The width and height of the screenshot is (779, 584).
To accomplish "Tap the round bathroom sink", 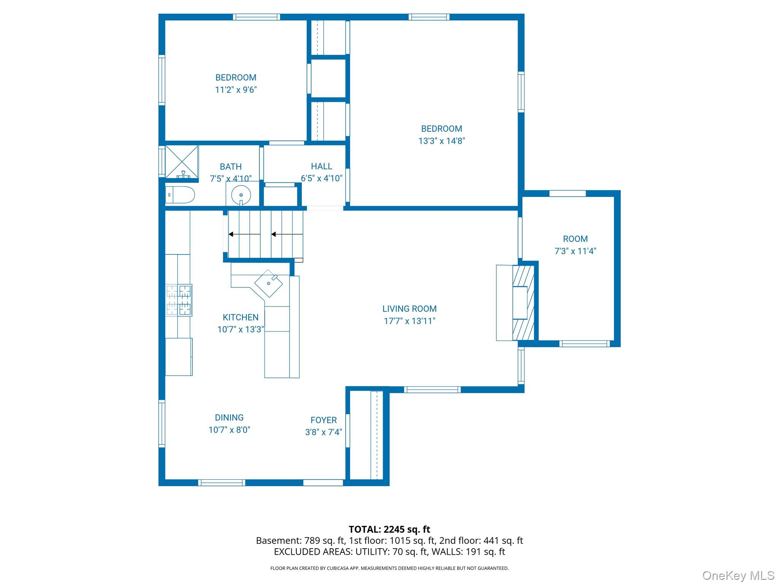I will coord(241,195).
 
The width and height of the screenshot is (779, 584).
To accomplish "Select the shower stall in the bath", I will coord(181,161).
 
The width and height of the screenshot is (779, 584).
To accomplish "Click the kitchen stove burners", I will coord(179,300).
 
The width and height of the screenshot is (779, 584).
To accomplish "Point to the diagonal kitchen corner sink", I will coord(269,283).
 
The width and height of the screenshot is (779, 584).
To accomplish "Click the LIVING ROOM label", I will coord(409,309).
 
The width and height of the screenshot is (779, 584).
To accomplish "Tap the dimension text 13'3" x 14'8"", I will coord(442,141).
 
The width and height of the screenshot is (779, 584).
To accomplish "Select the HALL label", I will coord(321,166).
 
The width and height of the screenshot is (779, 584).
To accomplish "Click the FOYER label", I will coord(323,420).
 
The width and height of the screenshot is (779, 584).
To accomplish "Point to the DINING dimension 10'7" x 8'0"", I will coord(229,430).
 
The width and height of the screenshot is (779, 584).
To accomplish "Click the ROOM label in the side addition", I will coord(575,239).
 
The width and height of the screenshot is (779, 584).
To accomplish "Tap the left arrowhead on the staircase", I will coord(231,234).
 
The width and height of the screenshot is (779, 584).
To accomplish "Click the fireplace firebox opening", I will coord(520,303).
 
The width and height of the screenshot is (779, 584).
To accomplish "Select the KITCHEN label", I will coord(240,317).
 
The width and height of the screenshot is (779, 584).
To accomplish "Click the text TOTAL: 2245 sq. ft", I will coord(389,529).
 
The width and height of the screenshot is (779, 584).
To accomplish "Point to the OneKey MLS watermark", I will coord(738,576).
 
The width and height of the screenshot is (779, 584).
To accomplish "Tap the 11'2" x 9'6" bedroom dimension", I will coord(236,90).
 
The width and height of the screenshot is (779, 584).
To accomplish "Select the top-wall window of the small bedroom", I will coord(256,17).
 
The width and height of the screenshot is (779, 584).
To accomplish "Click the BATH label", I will coord(231,167).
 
